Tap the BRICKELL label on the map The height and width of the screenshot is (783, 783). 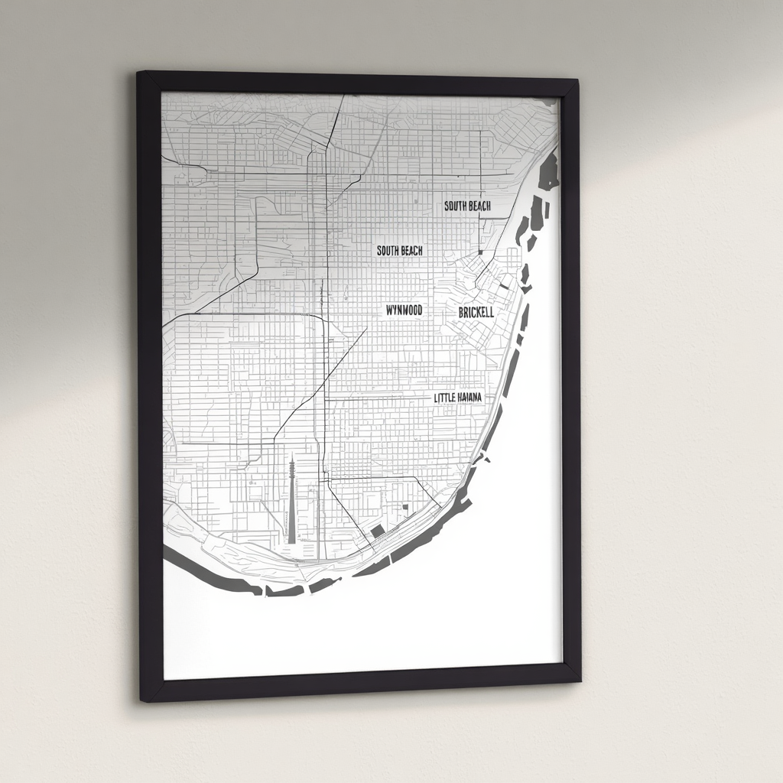(476, 313)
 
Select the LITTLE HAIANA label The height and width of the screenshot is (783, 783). (463, 398)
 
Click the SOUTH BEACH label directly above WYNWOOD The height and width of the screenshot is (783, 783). (399, 250)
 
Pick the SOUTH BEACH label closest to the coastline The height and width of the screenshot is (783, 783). (467, 206)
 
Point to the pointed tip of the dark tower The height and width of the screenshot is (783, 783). (291, 456)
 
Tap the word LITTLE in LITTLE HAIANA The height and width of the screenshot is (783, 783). (446, 398)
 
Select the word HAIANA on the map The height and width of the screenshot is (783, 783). (476, 398)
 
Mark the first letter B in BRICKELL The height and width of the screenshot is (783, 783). (461, 313)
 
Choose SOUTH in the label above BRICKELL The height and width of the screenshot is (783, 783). (456, 206)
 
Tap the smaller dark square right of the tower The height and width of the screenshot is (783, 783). (405, 507)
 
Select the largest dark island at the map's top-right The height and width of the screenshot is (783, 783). (549, 172)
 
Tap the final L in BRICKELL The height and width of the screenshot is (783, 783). (491, 313)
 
